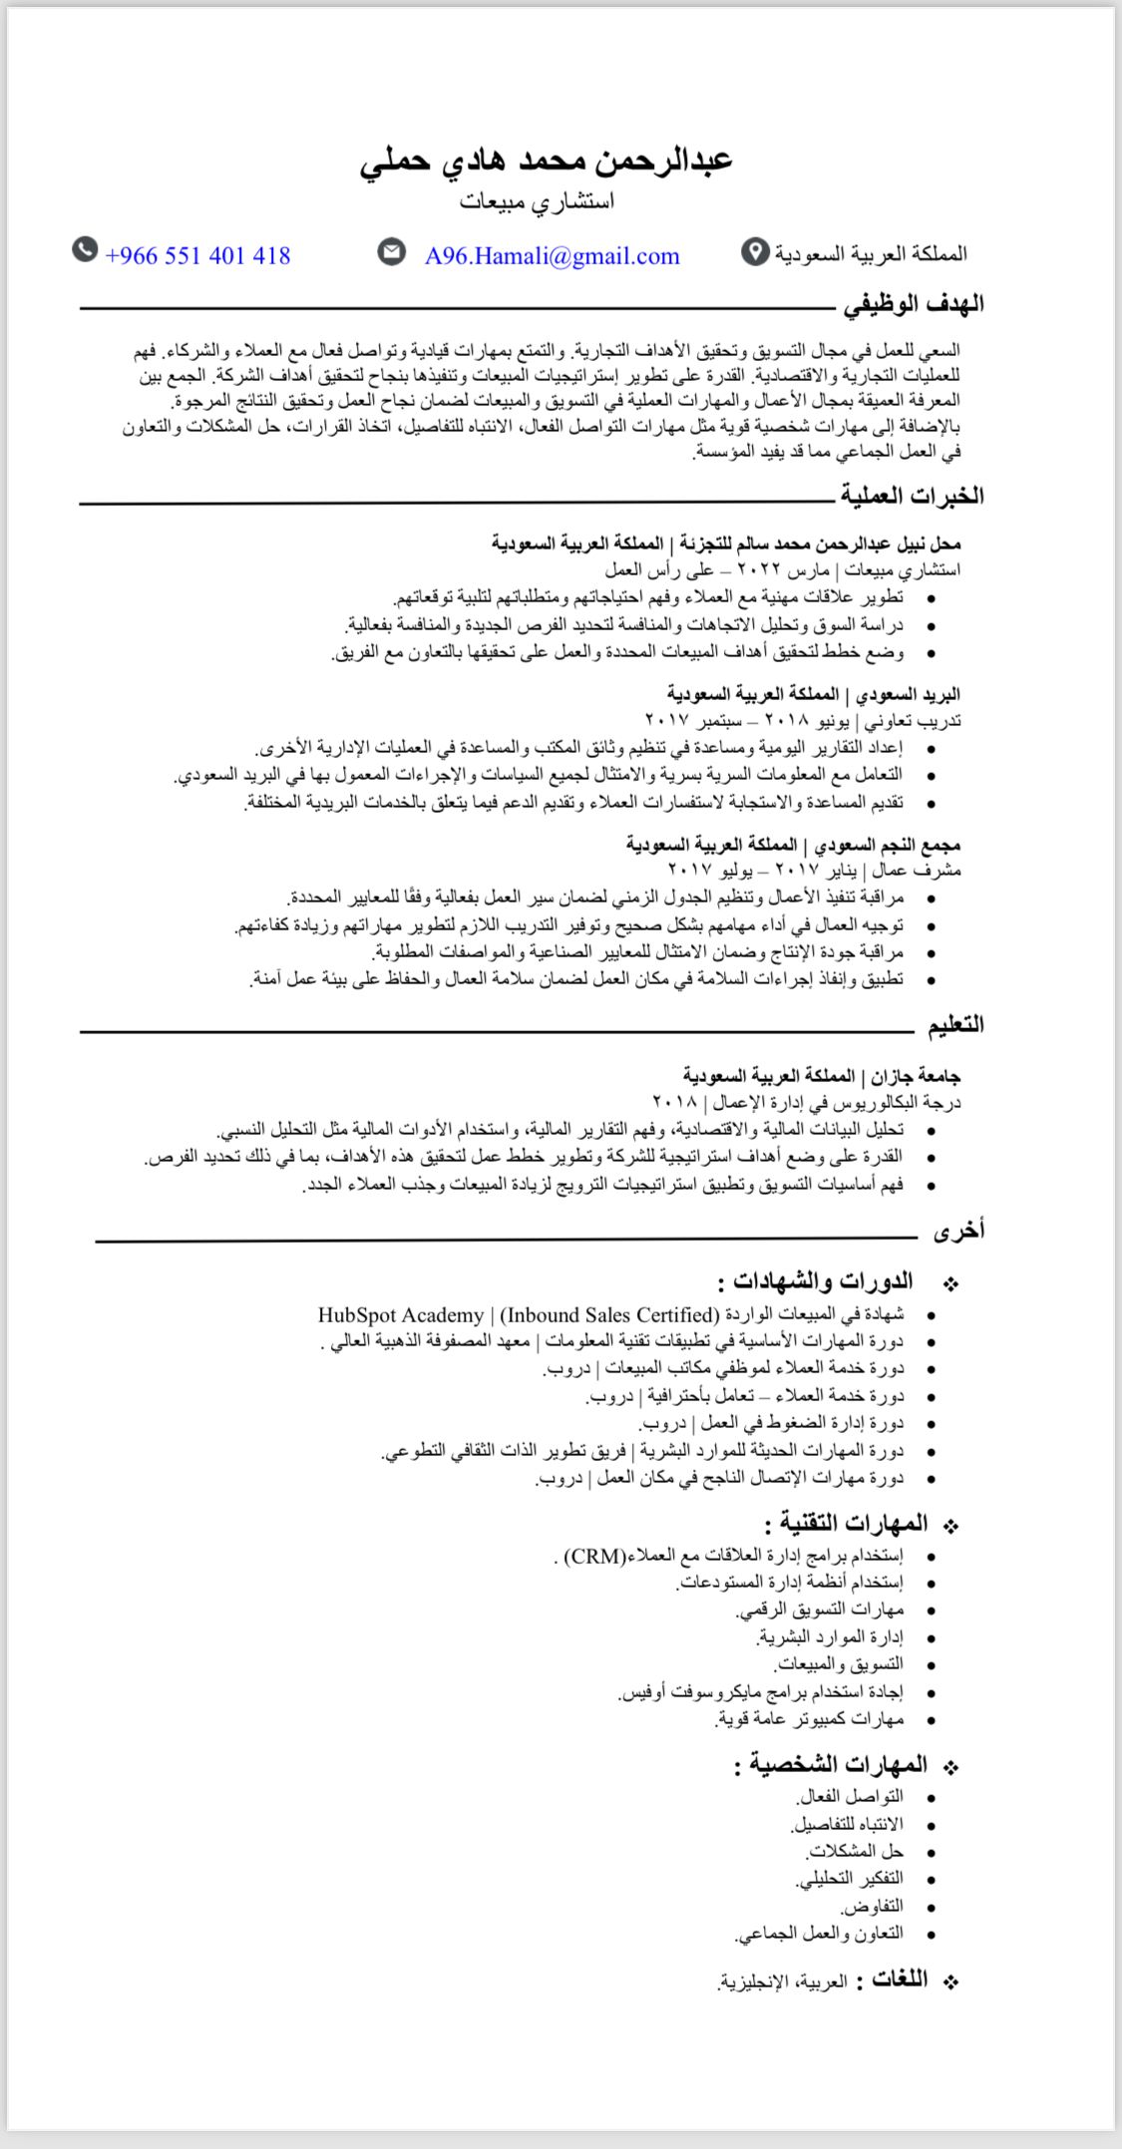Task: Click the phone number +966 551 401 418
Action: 197,256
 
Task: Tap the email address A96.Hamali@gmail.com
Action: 552,256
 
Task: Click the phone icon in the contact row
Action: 86,249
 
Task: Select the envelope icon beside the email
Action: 392,252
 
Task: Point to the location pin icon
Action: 755,253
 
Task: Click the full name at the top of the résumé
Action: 547,160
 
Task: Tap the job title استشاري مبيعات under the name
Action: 538,202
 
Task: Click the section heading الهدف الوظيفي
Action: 914,304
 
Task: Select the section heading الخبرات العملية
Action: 911,495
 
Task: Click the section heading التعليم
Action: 955,1024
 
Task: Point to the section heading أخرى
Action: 958,1232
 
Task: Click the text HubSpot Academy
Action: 401,1314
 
